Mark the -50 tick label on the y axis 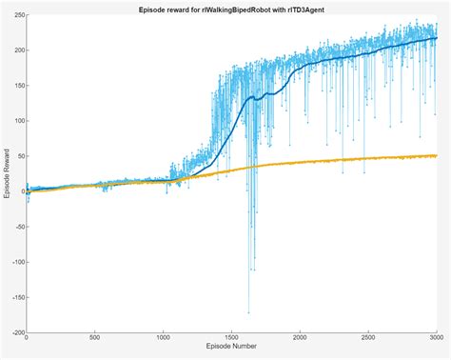click(18, 227)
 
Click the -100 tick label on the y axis click(16, 262)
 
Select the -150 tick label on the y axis click(16, 297)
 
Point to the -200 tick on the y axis click(16, 332)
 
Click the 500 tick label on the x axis click(95, 339)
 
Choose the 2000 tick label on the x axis click(300, 339)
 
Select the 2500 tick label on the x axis click(368, 339)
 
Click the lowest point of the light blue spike click(249, 312)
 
